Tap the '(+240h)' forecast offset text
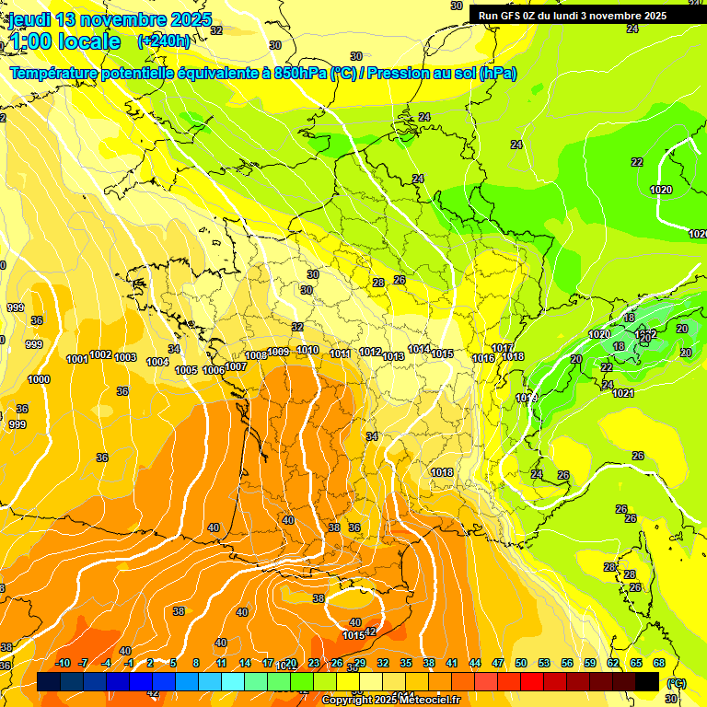165,41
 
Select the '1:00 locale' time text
64,41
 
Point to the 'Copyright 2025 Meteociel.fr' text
391,701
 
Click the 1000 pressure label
39,380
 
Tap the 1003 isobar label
125,357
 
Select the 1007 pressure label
236,366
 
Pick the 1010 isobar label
307,351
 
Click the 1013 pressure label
394,356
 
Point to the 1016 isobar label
483,358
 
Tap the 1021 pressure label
623,393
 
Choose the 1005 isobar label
186,370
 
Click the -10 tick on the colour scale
63,664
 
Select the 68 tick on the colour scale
659,664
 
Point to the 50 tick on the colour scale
521,664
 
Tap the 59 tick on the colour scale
590,664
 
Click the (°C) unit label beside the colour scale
675,684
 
